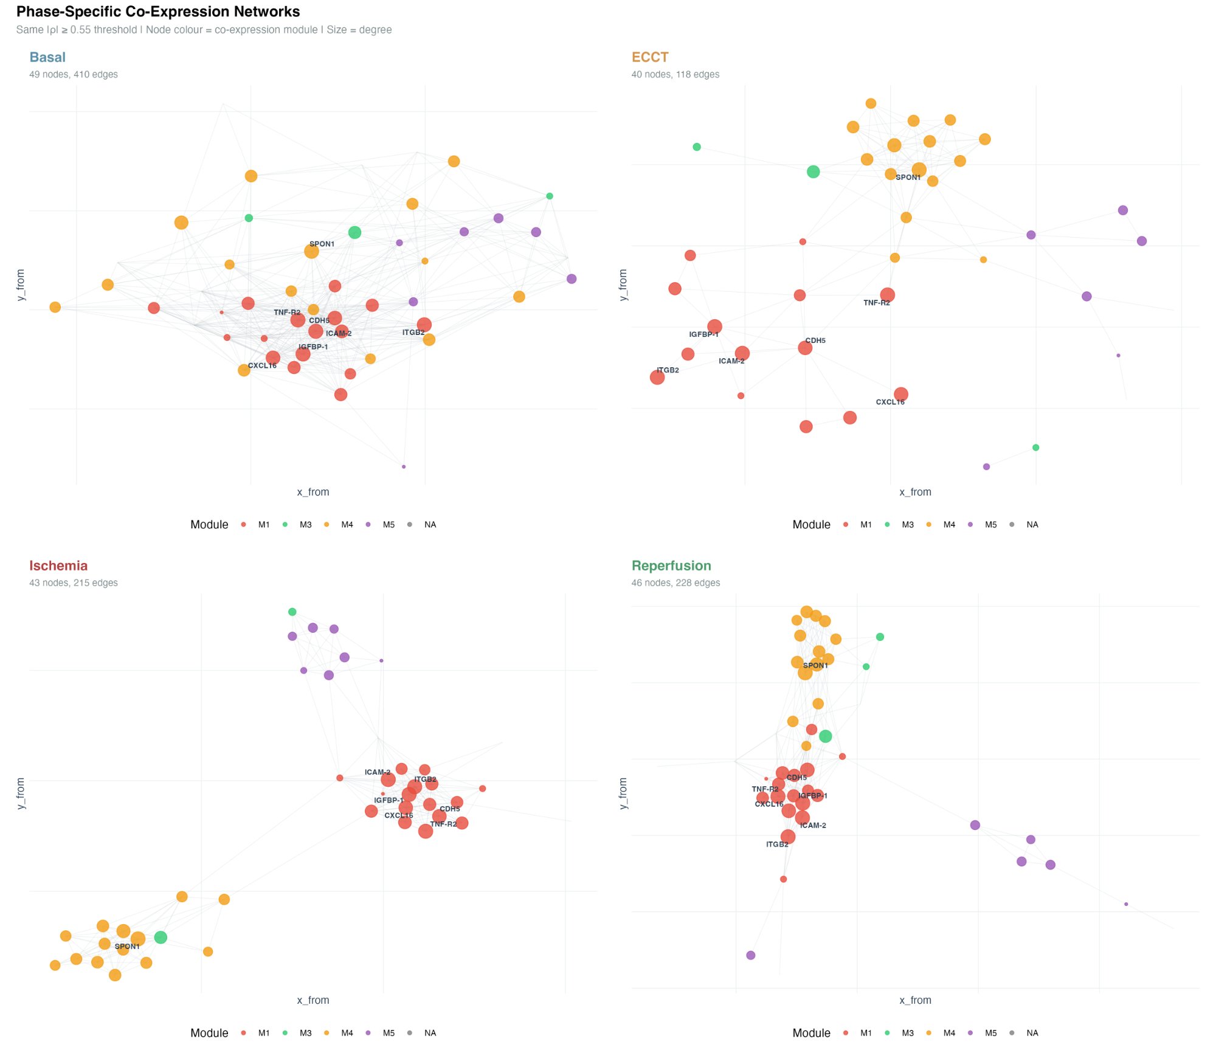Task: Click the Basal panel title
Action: point(47,57)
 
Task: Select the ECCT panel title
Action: point(649,57)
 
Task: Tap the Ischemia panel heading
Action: point(58,565)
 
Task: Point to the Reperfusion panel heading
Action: point(671,565)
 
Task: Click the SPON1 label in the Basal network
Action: point(322,244)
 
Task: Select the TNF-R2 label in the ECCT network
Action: point(876,303)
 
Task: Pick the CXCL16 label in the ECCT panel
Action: point(890,402)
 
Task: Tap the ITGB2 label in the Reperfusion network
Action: point(777,845)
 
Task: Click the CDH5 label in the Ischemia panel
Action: point(449,809)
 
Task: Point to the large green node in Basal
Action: point(354,232)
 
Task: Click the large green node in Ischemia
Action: point(161,938)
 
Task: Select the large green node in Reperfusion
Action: point(825,736)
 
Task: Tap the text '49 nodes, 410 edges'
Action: point(74,74)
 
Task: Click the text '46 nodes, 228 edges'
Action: point(675,582)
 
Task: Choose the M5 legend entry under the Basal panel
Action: point(388,525)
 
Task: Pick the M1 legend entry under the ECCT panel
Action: point(865,525)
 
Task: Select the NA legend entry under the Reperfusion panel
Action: point(1032,1033)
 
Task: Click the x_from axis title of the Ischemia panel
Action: point(313,1000)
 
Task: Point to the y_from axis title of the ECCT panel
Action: point(623,285)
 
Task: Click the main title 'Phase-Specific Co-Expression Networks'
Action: point(158,12)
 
